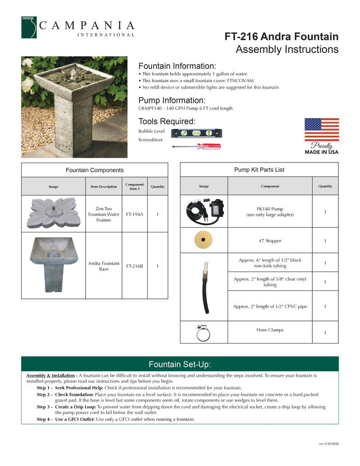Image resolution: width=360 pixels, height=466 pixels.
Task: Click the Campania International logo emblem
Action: coord(29,27)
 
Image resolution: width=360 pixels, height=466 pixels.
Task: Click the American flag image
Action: coord(321,130)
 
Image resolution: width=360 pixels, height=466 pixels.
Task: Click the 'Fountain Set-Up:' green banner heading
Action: coord(180,364)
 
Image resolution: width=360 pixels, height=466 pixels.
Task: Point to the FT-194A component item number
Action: coord(135,214)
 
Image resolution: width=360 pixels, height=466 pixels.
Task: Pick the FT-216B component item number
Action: coord(135,266)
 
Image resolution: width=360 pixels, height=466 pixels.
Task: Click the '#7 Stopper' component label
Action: coord(270,241)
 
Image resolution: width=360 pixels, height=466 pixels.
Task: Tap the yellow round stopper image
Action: coord(204,240)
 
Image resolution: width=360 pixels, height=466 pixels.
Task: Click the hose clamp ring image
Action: coord(203,332)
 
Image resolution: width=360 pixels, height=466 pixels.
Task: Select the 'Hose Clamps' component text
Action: coord(270,330)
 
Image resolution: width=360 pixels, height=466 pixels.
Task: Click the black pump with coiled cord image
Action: coord(203,211)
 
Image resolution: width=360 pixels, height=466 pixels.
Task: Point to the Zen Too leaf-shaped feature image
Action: coord(54,213)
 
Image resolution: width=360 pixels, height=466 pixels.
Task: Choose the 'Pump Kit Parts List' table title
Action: coord(259,170)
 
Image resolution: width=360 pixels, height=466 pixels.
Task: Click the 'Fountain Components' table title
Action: coord(94,170)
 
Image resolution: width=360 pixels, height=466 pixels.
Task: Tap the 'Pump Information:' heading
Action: coord(172,100)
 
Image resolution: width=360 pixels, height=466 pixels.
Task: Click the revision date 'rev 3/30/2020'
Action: coord(328,444)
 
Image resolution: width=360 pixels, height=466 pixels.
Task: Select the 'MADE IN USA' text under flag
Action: coord(321,152)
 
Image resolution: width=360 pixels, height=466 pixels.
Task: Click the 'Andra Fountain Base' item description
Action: coord(103,266)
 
